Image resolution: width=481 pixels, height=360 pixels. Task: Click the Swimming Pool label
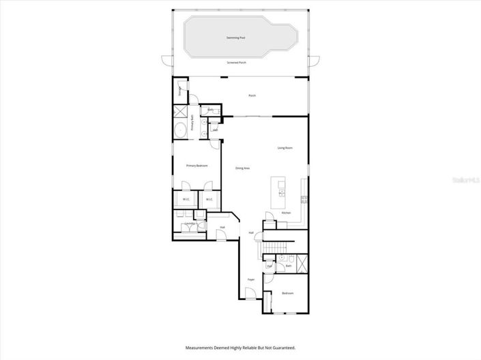pos(237,38)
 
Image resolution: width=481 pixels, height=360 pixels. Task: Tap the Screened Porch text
pos(237,62)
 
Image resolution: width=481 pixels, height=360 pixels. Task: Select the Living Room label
pos(285,147)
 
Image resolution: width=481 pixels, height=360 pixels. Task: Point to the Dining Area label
pos(242,168)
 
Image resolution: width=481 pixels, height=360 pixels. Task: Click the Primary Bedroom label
pos(196,166)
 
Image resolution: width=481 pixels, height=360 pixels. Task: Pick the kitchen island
pos(279,192)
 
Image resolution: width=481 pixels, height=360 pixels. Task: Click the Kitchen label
pos(286,213)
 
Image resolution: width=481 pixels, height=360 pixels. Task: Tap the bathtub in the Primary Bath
pos(181,131)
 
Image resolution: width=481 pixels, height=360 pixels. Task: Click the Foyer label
pos(251,280)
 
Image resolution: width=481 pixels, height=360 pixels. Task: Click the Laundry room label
pos(190,223)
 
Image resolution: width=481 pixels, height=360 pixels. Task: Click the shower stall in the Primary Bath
pos(181,112)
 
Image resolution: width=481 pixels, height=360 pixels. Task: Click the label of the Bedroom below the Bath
pos(287,293)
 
